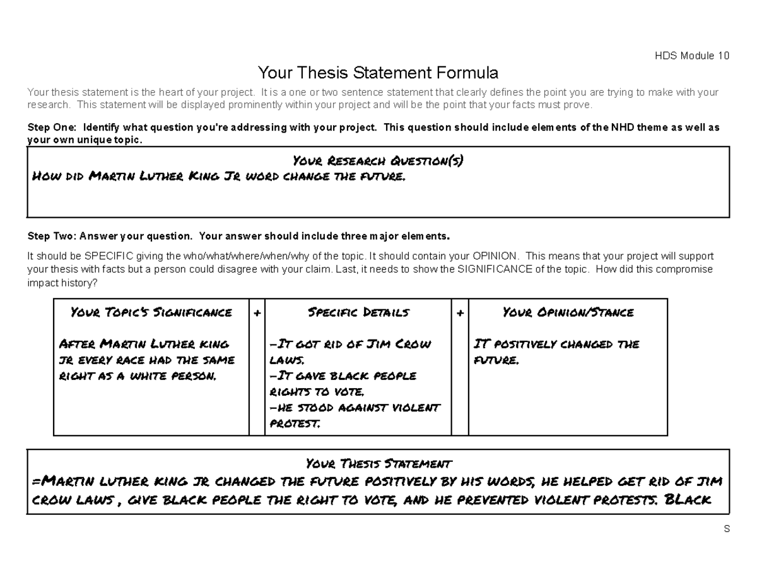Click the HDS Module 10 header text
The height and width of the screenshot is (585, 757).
pos(691,56)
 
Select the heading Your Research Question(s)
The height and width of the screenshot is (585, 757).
pos(378,161)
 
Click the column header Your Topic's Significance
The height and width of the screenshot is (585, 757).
pos(151,312)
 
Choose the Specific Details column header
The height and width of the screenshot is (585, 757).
pos(358,312)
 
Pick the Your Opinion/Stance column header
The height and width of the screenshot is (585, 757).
pos(568,312)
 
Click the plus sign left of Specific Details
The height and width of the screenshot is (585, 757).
pos(257,313)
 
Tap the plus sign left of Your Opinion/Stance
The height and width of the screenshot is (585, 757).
pos(460,313)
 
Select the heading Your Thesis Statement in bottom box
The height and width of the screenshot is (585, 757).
pos(378,464)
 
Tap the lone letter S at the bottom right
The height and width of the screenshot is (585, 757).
pos(726,529)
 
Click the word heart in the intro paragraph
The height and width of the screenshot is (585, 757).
pos(155,93)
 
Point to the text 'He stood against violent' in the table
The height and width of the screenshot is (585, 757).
pos(355,408)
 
